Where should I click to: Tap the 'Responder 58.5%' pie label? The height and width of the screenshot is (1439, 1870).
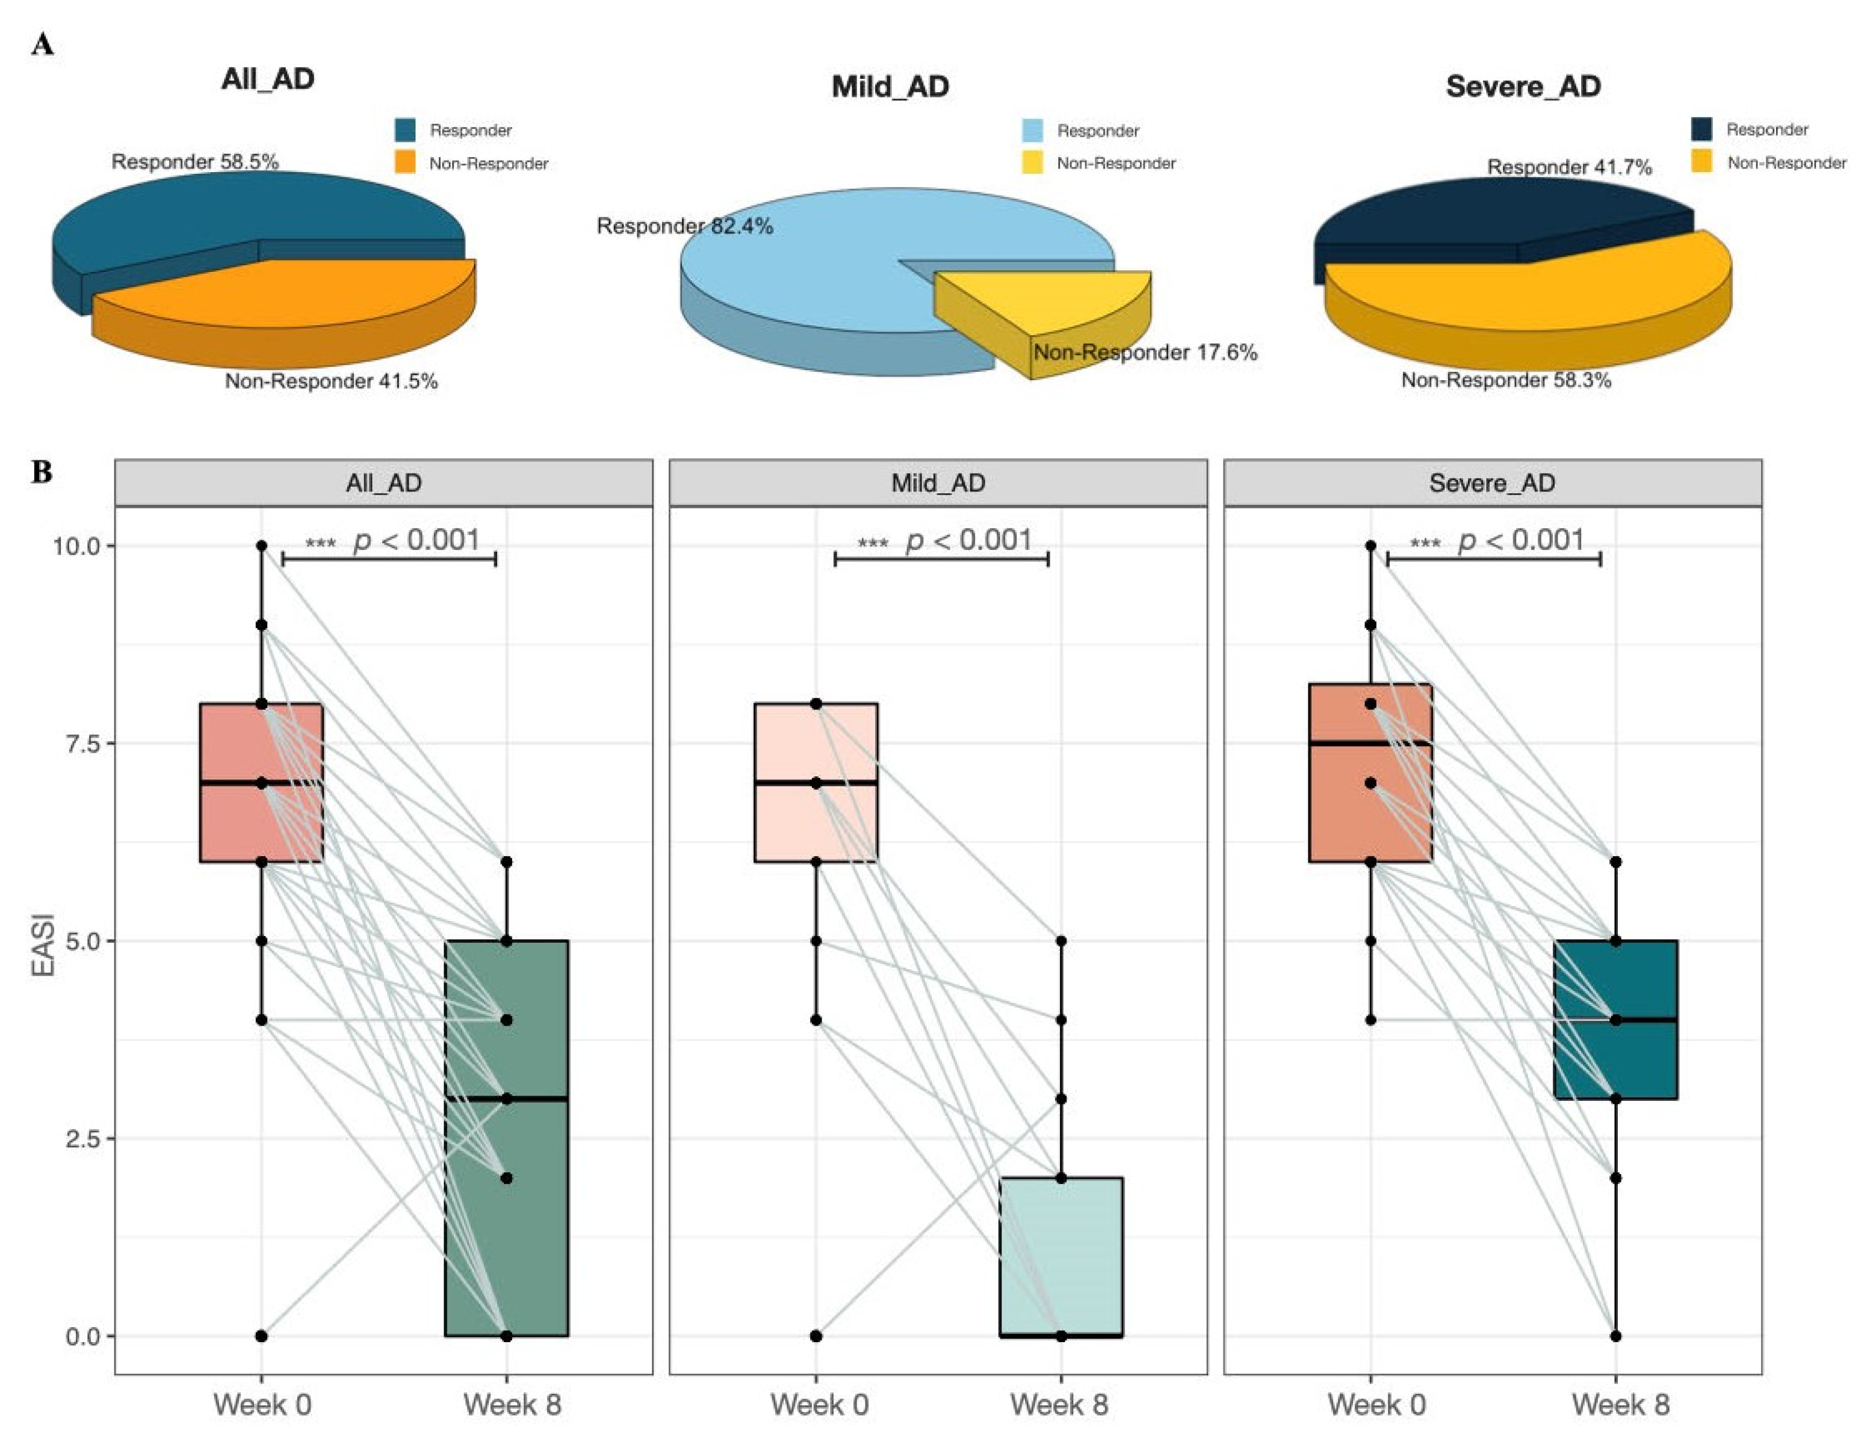point(194,162)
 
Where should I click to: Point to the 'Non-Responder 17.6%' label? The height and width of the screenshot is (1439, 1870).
point(1145,353)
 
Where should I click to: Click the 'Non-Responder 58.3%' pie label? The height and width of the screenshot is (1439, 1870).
point(1505,380)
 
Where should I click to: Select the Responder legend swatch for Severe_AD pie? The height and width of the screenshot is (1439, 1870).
point(1701,129)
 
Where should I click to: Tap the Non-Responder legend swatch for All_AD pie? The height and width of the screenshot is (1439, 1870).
point(405,162)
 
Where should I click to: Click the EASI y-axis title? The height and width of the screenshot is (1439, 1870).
point(43,945)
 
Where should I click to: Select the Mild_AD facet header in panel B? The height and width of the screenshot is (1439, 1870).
point(938,483)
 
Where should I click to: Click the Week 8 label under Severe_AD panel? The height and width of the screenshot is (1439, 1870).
point(1620,1405)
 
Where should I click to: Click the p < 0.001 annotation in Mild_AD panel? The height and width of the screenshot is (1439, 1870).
point(968,541)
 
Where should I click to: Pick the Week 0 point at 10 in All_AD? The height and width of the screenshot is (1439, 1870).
point(261,545)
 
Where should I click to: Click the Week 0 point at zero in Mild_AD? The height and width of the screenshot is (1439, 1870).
point(816,1336)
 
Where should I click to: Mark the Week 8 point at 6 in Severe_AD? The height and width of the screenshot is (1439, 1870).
point(1615,862)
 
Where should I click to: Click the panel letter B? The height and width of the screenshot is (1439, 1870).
point(42,472)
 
